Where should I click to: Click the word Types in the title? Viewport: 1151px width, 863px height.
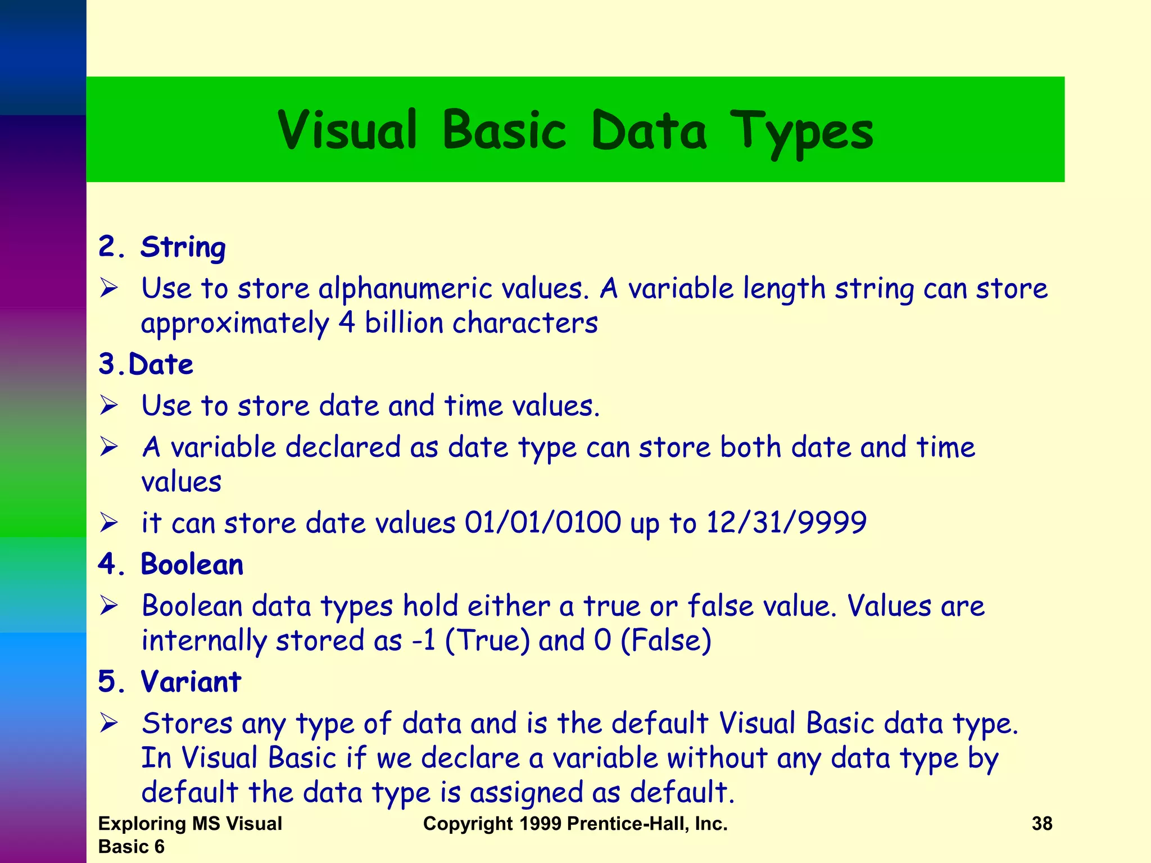point(802,132)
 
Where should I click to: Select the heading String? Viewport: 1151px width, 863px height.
point(183,247)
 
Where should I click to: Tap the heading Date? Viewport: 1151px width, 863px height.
point(161,364)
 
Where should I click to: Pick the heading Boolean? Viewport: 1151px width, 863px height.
point(192,564)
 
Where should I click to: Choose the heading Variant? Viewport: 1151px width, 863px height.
point(191,682)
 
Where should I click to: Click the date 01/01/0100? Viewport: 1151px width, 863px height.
point(542,523)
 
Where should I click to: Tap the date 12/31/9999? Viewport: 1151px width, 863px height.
point(786,523)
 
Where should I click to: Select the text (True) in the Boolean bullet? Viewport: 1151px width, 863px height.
point(487,641)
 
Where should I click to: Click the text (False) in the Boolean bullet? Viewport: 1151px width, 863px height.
point(666,641)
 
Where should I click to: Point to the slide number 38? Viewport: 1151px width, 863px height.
point(1042,824)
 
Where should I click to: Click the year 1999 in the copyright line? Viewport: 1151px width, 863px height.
point(540,824)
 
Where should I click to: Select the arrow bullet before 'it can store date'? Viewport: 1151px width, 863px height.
point(108,523)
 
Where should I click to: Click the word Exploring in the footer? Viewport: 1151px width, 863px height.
point(142,824)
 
